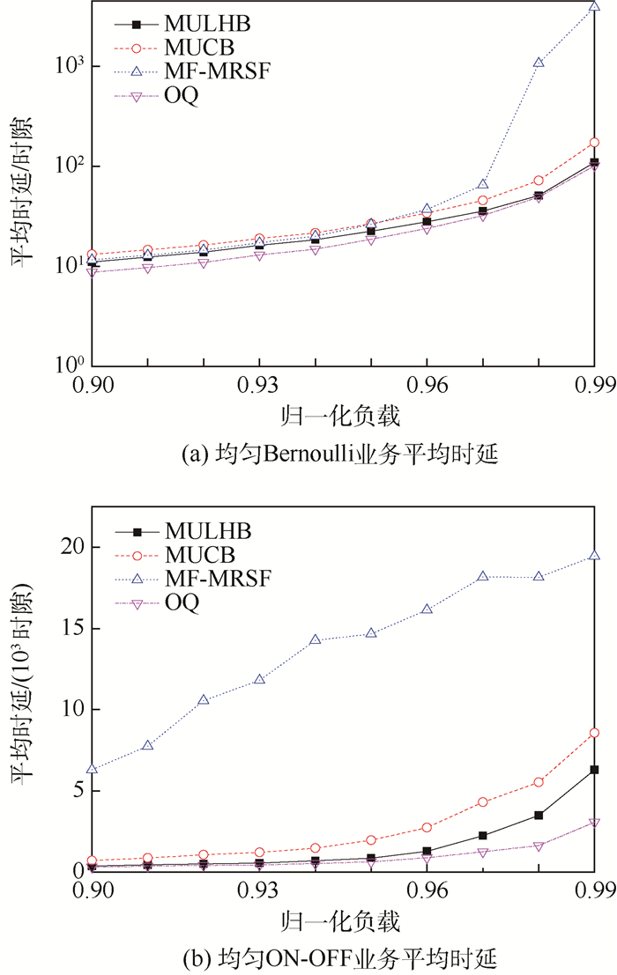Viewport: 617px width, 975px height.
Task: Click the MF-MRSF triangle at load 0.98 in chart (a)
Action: pos(539,63)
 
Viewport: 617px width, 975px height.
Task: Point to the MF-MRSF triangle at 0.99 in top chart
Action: pos(594,6)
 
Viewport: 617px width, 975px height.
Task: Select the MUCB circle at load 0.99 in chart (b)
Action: pos(594,733)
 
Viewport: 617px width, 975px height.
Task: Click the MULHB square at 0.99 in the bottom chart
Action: pos(594,770)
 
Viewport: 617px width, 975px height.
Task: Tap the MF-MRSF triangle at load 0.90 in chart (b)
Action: pos(92,769)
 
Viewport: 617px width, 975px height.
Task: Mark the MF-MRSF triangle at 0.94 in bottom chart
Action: pos(315,639)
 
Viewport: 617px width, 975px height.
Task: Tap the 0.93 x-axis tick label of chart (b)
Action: pos(259,891)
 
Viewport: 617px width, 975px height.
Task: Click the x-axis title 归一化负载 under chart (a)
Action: pos(343,419)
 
